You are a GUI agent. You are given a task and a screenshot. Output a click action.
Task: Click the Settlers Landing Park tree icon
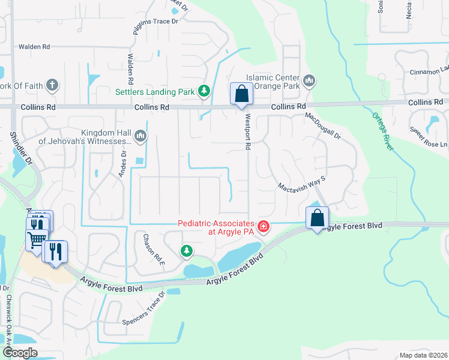[205, 92]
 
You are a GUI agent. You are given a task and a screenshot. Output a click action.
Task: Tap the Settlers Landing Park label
[155, 92]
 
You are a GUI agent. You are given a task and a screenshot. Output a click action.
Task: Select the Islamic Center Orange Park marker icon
[309, 80]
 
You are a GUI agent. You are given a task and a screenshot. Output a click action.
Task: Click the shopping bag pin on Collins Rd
[241, 95]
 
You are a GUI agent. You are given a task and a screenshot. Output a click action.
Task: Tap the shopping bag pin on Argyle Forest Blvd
[317, 218]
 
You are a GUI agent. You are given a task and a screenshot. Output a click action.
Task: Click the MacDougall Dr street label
[323, 126]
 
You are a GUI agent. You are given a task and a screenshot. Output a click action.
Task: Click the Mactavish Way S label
[301, 183]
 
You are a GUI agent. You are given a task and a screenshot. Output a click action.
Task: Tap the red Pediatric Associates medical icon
[263, 227]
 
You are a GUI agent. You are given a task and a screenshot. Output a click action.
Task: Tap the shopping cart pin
[37, 239]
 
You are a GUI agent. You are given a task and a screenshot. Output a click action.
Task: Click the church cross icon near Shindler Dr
[52, 85]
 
